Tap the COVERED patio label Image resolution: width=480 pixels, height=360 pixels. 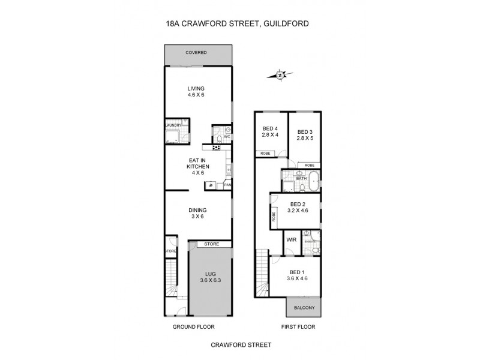tap(196, 53)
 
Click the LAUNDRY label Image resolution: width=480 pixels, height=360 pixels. tap(173, 125)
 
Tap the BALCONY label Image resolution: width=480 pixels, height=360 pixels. tap(303, 308)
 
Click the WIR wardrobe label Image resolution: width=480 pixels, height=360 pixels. tap(292, 239)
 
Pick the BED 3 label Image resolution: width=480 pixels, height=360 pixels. tap(305, 134)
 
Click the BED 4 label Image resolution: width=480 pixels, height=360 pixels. tap(270, 131)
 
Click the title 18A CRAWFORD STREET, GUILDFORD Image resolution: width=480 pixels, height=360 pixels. tap(240, 25)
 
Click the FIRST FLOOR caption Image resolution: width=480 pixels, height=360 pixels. tap(299, 327)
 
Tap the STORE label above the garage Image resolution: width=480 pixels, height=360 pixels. tap(211, 244)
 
